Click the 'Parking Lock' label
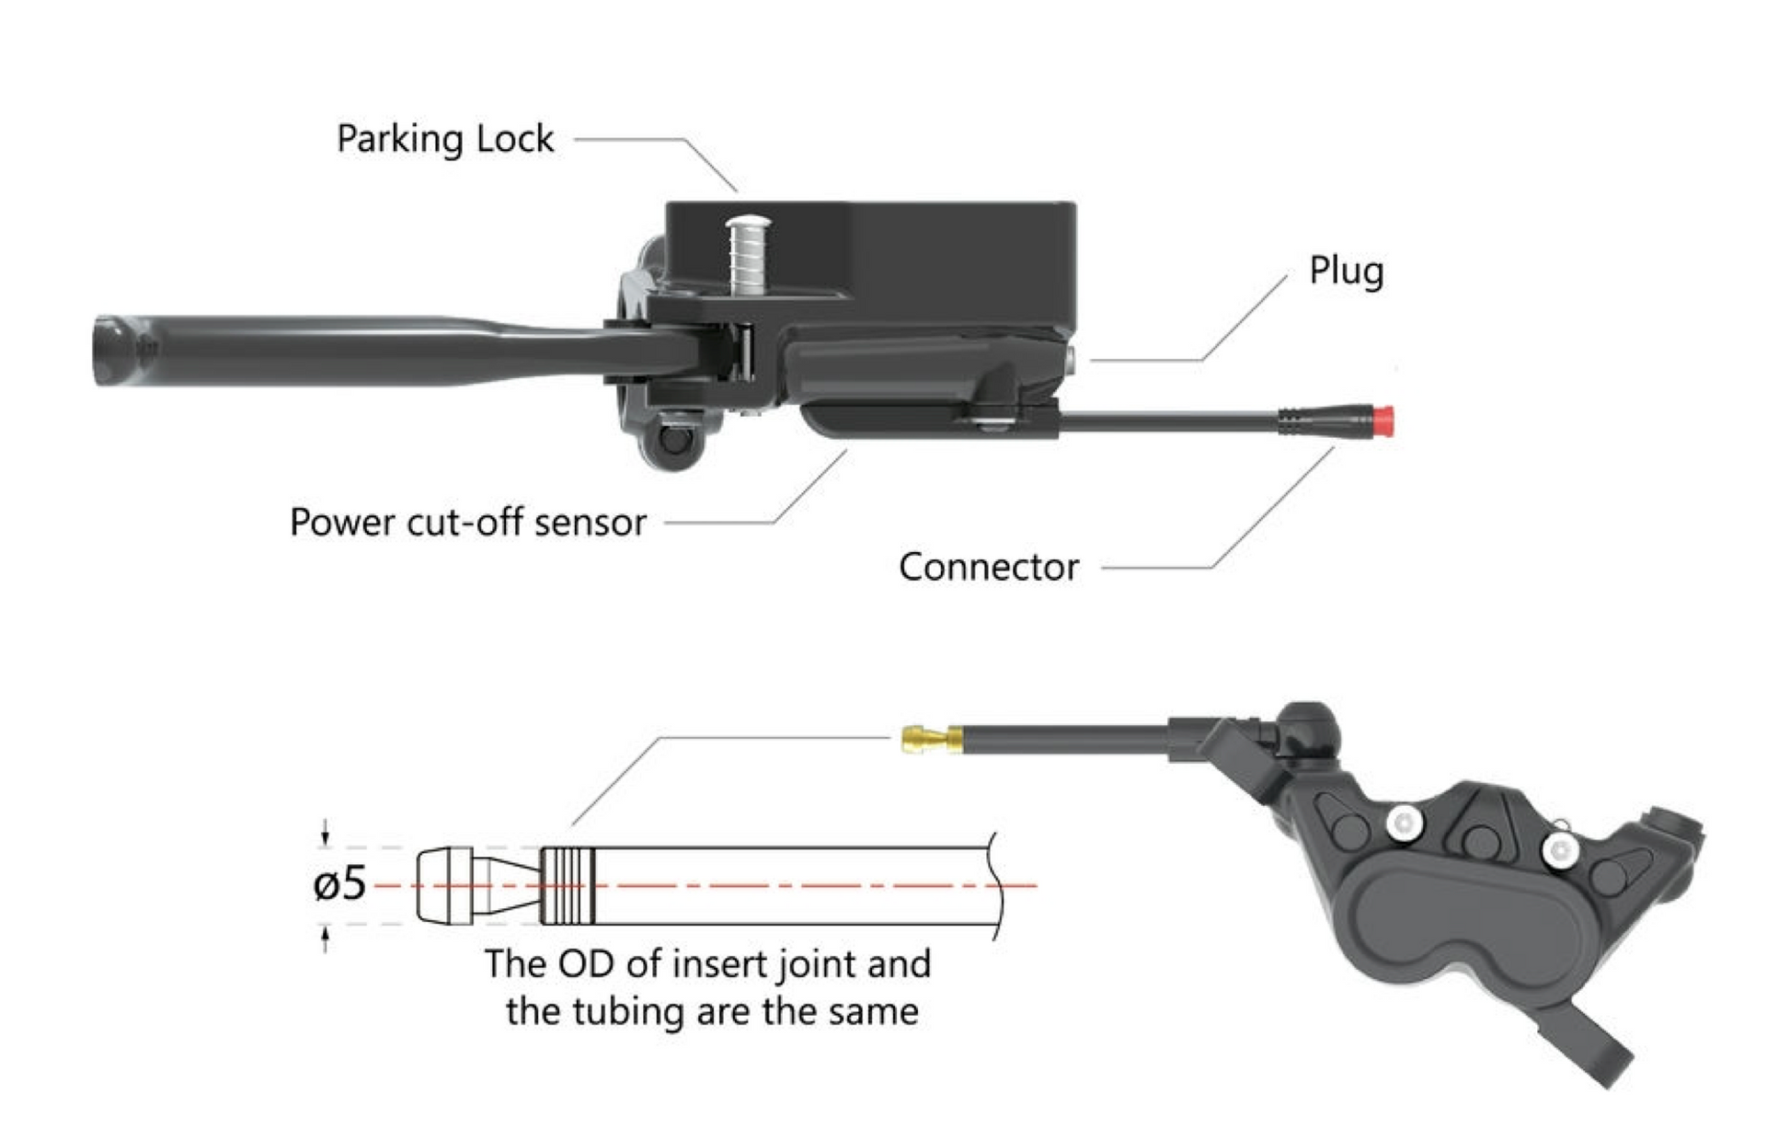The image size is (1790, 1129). click(x=445, y=139)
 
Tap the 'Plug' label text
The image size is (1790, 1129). click(x=1346, y=271)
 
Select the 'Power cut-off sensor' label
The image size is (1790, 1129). click(x=467, y=523)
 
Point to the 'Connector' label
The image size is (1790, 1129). click(x=988, y=567)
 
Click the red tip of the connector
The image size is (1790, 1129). click(x=1383, y=420)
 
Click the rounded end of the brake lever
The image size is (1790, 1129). click(x=115, y=351)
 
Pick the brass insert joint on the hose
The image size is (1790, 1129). click(x=930, y=739)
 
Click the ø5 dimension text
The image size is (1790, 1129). click(x=339, y=885)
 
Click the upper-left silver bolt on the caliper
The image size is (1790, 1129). click(x=1405, y=823)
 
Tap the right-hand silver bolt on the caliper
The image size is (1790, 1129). click(x=1559, y=850)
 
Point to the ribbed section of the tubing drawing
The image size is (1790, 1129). click(x=568, y=885)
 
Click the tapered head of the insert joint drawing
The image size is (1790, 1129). click(x=444, y=885)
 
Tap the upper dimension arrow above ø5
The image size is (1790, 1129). click(x=325, y=834)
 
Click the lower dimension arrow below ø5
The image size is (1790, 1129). click(x=325, y=939)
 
